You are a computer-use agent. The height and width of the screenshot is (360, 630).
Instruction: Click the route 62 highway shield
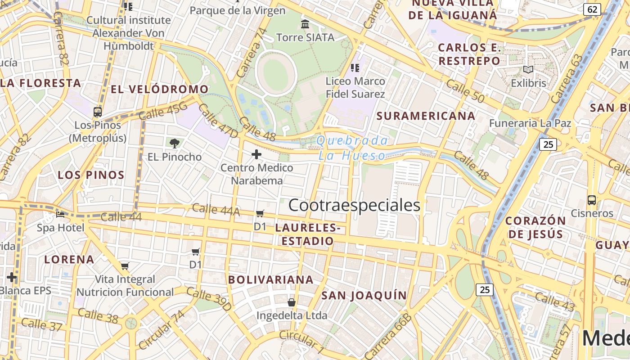(x=592, y=9)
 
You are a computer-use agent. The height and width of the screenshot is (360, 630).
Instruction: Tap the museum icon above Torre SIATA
(x=305, y=24)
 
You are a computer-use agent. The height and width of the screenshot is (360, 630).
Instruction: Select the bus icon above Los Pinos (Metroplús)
(x=98, y=112)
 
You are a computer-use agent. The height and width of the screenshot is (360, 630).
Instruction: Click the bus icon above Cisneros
(x=592, y=200)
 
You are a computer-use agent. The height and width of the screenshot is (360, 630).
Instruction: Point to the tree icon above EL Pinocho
(x=175, y=144)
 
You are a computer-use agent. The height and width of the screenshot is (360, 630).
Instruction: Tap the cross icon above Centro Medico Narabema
(x=256, y=154)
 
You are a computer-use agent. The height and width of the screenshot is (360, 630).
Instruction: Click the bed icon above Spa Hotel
(x=60, y=214)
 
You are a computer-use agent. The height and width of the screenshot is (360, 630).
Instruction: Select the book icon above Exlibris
(x=528, y=70)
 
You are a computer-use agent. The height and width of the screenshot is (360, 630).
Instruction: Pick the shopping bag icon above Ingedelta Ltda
(x=292, y=302)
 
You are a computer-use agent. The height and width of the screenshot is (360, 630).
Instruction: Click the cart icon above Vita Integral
(x=125, y=266)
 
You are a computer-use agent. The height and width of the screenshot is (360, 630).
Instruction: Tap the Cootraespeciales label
(x=354, y=205)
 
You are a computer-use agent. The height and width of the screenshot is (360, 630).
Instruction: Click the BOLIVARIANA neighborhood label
(x=271, y=279)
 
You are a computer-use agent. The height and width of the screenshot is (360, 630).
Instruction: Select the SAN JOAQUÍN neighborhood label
(x=364, y=295)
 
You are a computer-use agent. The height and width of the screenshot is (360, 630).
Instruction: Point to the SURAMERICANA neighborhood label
(x=426, y=116)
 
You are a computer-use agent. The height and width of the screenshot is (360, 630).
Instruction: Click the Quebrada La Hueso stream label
(x=352, y=148)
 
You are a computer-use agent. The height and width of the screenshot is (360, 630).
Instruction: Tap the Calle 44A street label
(x=216, y=210)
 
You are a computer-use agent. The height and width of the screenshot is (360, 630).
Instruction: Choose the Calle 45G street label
(x=162, y=111)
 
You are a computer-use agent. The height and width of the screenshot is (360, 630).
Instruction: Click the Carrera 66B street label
(x=388, y=337)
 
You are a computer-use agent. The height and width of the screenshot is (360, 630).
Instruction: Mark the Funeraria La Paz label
(x=530, y=123)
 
